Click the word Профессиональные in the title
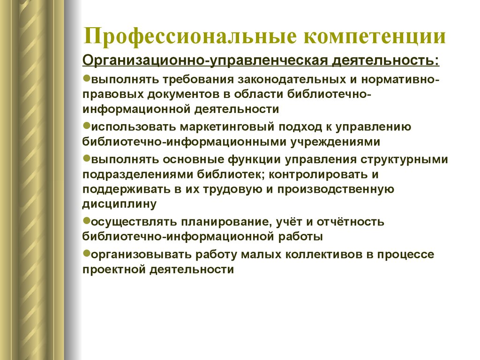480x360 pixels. (190, 36)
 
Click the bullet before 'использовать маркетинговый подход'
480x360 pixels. (87, 125)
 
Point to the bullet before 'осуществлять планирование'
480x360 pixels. (87, 220)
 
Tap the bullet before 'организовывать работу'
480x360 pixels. (87, 253)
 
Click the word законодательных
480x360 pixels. (292, 80)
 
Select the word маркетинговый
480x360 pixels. (227, 127)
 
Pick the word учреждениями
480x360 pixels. (335, 142)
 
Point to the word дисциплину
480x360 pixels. (120, 204)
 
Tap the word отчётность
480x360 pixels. (350, 221)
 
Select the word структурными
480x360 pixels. (404, 160)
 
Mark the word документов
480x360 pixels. (183, 94)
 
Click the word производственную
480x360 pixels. (336, 189)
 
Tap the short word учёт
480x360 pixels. (291, 221)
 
